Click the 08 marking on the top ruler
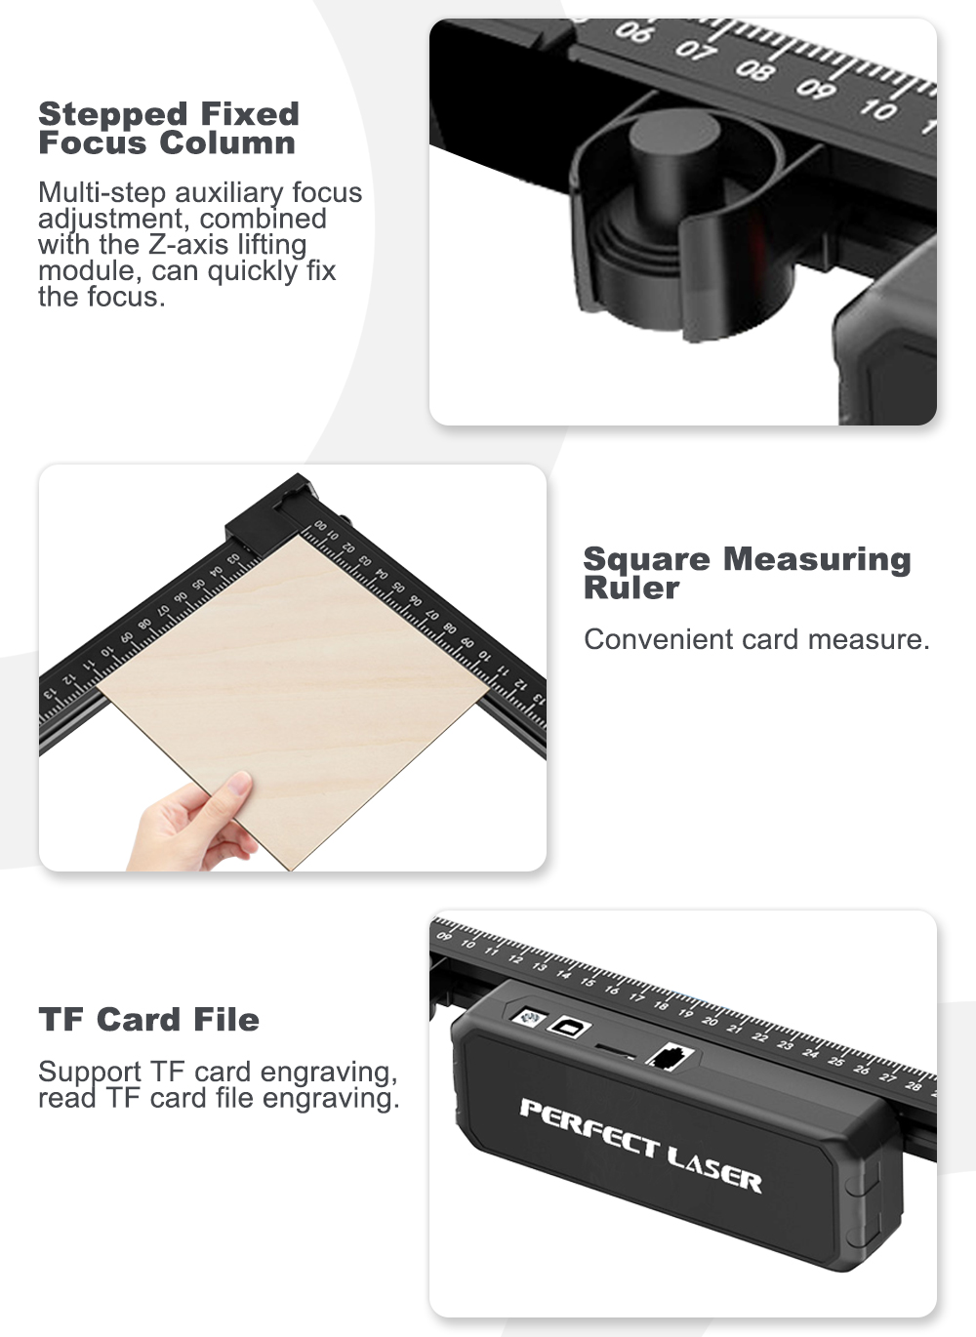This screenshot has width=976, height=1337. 755,69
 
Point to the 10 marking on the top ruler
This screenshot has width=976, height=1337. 878,109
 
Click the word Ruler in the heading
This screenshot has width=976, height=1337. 630,587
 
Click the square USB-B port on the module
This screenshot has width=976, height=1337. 569,1027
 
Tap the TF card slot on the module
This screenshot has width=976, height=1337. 614,1049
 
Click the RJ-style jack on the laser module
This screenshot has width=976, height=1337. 670,1057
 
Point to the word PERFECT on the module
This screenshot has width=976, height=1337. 590,1125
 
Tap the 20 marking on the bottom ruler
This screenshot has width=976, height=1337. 710,1021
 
